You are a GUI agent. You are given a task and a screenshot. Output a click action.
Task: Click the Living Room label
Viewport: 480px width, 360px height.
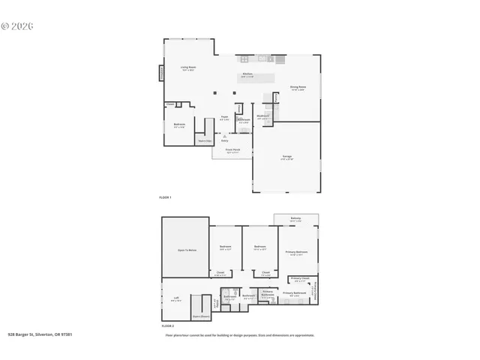[187, 68]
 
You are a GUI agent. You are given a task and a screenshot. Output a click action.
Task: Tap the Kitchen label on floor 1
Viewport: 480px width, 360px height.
[247, 74]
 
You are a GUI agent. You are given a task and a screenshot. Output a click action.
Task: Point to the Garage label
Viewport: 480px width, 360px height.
[287, 157]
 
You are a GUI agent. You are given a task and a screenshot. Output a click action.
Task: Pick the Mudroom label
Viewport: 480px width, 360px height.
[262, 116]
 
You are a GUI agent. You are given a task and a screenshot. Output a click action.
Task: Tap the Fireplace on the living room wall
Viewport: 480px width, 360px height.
[160, 73]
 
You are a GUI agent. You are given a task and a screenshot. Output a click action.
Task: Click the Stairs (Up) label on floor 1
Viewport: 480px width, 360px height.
[203, 140]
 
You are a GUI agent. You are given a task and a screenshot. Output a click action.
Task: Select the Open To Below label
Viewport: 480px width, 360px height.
[187, 250]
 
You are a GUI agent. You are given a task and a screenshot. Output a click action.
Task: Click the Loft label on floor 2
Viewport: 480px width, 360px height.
[176, 298]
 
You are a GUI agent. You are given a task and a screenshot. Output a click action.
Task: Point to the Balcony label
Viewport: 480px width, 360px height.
[295, 219]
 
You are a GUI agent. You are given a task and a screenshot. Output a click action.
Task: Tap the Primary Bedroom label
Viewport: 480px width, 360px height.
[296, 252]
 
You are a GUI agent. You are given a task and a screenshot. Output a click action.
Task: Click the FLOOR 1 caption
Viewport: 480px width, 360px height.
[166, 197]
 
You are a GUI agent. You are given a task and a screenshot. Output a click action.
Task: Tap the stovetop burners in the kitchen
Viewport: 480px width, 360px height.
[244, 59]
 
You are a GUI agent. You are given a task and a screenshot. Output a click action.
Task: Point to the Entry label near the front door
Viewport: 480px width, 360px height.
[224, 140]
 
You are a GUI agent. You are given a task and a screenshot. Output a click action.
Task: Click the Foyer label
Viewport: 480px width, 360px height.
[224, 117]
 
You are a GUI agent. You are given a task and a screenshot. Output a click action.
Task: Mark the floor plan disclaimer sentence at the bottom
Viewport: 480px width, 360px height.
[239, 335]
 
